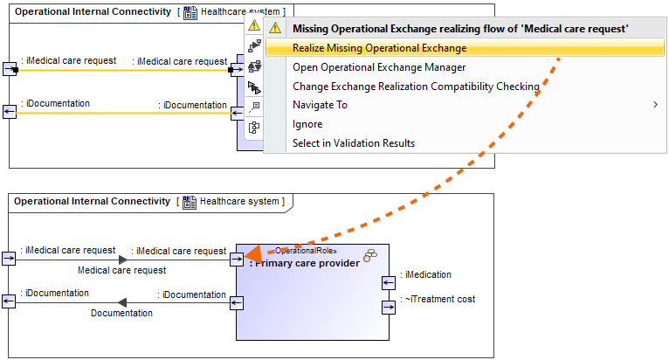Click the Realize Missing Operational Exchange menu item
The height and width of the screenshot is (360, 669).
click(379, 48)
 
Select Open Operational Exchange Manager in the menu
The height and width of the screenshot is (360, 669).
click(379, 67)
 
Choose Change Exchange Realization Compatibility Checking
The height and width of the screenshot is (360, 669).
click(416, 87)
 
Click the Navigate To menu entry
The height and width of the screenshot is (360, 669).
click(320, 105)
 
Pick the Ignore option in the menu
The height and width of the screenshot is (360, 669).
click(307, 124)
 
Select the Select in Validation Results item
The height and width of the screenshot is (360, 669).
click(354, 143)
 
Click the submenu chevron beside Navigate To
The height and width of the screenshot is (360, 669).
click(655, 105)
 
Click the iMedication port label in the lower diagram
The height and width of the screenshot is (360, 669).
click(426, 274)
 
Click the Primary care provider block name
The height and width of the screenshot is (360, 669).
click(304, 263)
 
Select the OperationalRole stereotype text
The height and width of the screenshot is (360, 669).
click(306, 251)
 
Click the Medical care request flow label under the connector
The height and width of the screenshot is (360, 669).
click(121, 271)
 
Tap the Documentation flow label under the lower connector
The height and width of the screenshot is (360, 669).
click(121, 313)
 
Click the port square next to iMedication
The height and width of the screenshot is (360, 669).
click(388, 282)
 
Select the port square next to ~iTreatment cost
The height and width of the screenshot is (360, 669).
click(388, 307)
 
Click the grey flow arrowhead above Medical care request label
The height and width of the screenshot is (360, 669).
click(123, 260)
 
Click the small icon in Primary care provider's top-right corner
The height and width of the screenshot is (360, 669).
click(370, 254)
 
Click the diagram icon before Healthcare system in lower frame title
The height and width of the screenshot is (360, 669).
click(190, 202)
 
